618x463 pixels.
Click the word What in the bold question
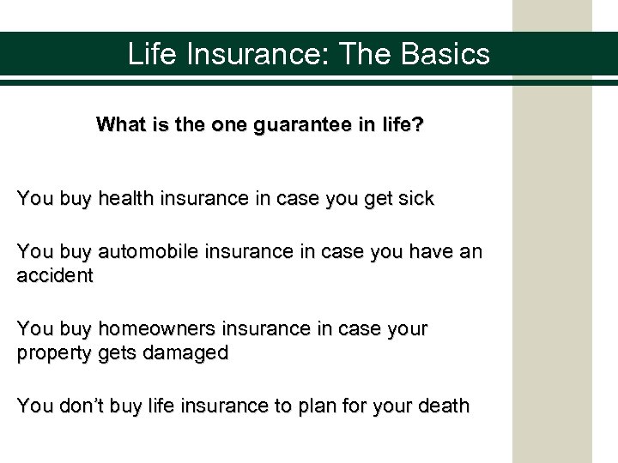click(120, 125)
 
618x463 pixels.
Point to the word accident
click(55, 277)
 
